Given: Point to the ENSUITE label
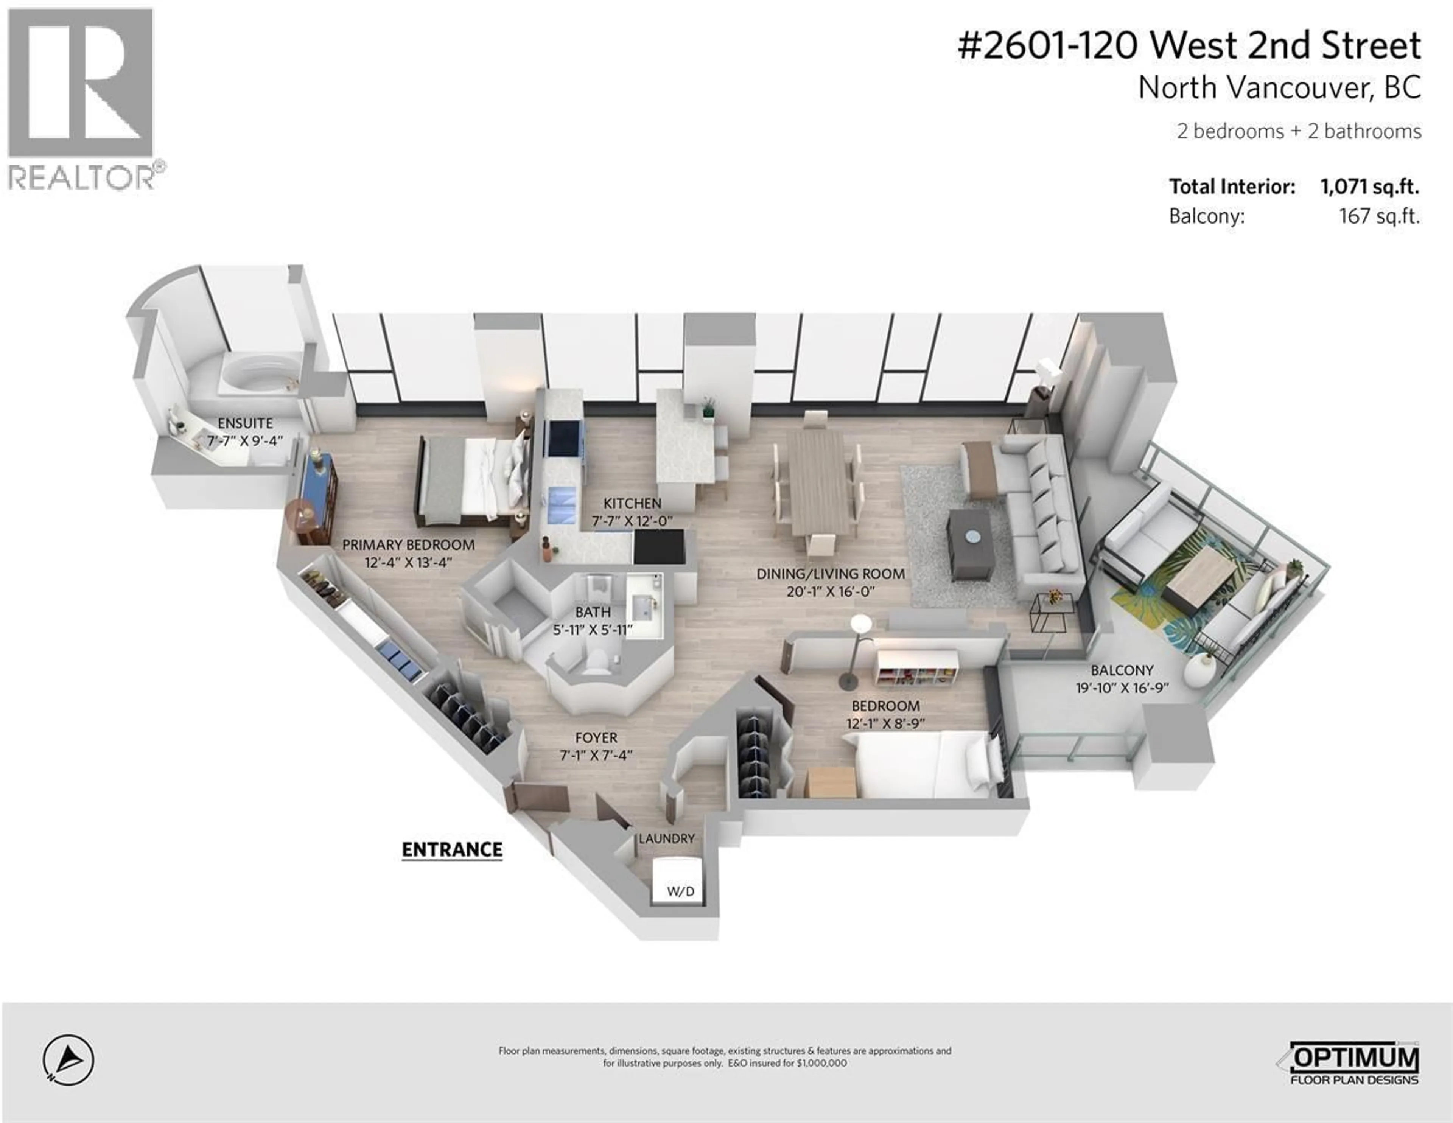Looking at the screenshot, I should click(245, 423).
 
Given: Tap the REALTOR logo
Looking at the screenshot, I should click(81, 100).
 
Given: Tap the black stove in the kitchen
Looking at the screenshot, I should click(659, 547).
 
